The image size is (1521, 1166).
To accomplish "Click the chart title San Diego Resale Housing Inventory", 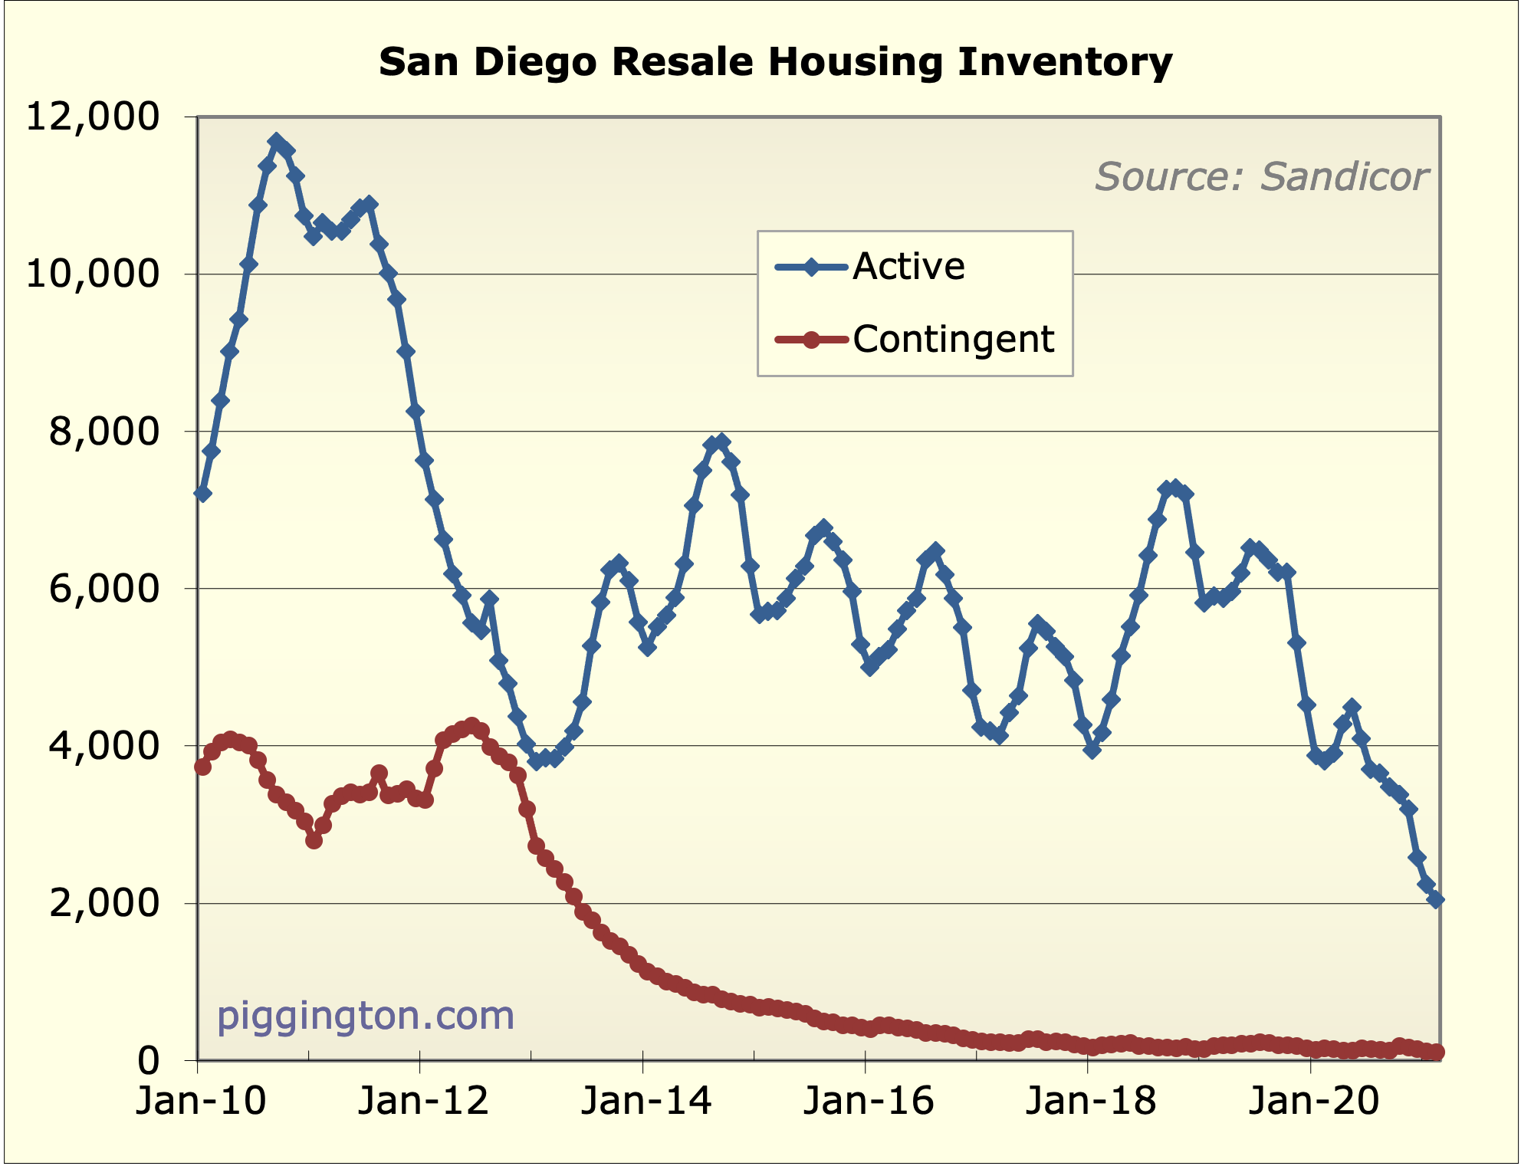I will pyautogui.click(x=775, y=62).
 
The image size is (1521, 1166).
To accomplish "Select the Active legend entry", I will pyautogui.click(x=908, y=267).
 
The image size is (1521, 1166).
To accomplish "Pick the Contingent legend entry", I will pyautogui.click(x=953, y=339).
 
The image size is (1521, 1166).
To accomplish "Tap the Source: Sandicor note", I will pyautogui.click(x=1261, y=177).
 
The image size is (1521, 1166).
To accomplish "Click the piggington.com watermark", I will pyautogui.click(x=366, y=1016).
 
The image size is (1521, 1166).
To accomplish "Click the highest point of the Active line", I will pyautogui.click(x=276, y=142).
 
